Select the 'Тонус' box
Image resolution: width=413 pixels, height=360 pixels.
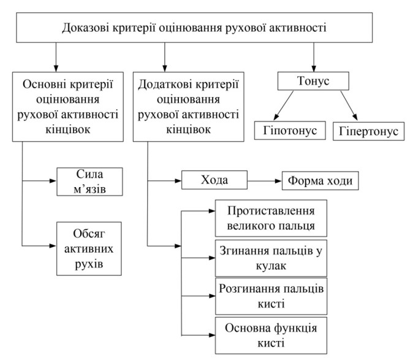tap(314, 81)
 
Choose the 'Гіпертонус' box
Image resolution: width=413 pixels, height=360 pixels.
tap(369, 131)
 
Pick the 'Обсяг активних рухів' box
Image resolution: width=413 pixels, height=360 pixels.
tap(88, 248)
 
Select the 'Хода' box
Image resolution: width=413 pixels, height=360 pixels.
tap(214, 181)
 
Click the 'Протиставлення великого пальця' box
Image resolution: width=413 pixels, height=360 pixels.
tap(271, 218)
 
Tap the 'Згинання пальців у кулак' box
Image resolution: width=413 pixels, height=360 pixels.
tap(271, 257)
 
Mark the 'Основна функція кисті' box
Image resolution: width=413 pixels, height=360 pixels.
tap(271, 333)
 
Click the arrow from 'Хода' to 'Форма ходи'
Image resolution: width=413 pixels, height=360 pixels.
tap(263, 181)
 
